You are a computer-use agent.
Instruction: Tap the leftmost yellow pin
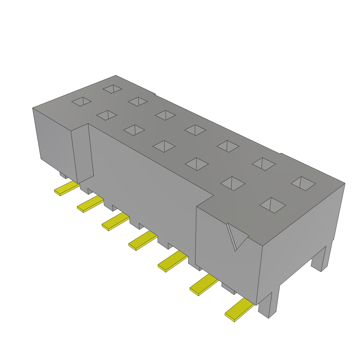(x=67, y=189)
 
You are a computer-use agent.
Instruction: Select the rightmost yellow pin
(x=239, y=309)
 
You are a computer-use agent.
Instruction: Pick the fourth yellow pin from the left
(x=143, y=241)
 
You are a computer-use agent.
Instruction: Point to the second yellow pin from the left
(x=90, y=204)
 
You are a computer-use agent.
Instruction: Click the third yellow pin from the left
(x=115, y=221)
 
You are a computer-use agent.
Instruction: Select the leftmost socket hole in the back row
(x=112, y=89)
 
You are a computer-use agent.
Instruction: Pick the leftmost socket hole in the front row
(x=82, y=102)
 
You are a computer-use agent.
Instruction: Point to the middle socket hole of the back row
(x=195, y=130)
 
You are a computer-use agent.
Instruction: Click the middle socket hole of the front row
(x=164, y=146)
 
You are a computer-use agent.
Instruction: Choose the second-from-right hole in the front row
(x=232, y=183)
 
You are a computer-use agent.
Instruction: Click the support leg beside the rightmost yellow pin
(x=269, y=304)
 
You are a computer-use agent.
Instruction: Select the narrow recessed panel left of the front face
(x=83, y=151)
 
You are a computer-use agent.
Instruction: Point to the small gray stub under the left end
(x=63, y=175)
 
